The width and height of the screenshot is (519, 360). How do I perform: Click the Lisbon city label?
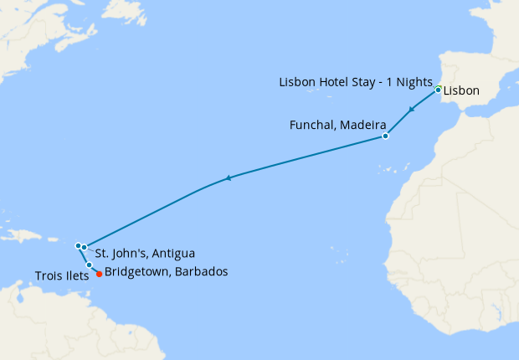[x=461, y=89]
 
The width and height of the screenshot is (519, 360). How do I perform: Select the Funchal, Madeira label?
[x=331, y=126]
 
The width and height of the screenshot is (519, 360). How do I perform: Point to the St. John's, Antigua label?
[x=146, y=253]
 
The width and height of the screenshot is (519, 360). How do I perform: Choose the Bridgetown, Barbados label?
[x=166, y=272]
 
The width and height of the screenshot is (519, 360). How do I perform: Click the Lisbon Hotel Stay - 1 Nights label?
[x=355, y=82]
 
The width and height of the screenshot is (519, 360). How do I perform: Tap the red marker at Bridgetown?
[x=100, y=273]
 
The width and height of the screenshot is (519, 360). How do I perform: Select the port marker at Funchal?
[x=385, y=136]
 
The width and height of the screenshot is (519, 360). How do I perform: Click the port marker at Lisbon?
[x=438, y=89]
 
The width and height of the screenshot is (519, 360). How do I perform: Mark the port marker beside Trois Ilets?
[x=90, y=265]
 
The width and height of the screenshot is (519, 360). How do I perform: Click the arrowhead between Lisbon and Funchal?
[x=411, y=110]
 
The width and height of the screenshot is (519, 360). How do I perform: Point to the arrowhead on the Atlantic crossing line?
[x=228, y=177]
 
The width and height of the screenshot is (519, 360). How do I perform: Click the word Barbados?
[x=203, y=272]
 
